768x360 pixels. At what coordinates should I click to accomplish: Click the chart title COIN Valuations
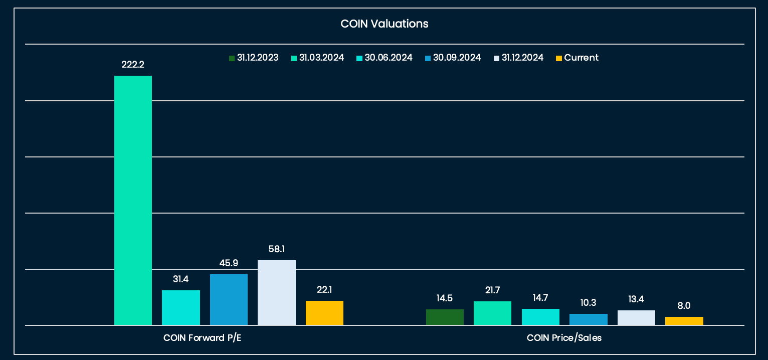click(384, 24)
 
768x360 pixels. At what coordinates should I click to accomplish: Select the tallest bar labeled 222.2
click(133, 200)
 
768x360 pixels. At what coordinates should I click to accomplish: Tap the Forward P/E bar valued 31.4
click(181, 307)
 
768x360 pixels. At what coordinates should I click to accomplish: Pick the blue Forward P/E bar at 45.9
click(229, 299)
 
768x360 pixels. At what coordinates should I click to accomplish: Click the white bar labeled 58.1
click(277, 292)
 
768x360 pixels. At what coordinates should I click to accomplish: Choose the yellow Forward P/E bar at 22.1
click(324, 313)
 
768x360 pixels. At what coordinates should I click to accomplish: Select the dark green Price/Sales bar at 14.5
click(445, 317)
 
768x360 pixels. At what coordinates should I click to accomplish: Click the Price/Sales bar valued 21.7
click(492, 313)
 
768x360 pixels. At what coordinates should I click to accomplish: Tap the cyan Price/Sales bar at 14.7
click(540, 317)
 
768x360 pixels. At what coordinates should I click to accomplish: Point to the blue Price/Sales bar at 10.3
click(588, 319)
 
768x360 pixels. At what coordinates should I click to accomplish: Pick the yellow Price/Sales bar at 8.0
click(684, 321)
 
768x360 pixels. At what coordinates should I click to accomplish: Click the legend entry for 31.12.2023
click(253, 58)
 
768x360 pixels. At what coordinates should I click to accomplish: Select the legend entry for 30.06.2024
click(384, 58)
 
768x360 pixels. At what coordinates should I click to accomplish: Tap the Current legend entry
click(577, 58)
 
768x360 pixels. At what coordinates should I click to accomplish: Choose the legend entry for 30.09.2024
click(452, 58)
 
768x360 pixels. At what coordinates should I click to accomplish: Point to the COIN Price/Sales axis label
click(564, 338)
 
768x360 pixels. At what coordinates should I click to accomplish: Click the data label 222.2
click(133, 65)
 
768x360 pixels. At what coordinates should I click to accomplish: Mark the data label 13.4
click(636, 299)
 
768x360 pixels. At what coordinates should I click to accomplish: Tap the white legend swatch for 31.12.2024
click(496, 58)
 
